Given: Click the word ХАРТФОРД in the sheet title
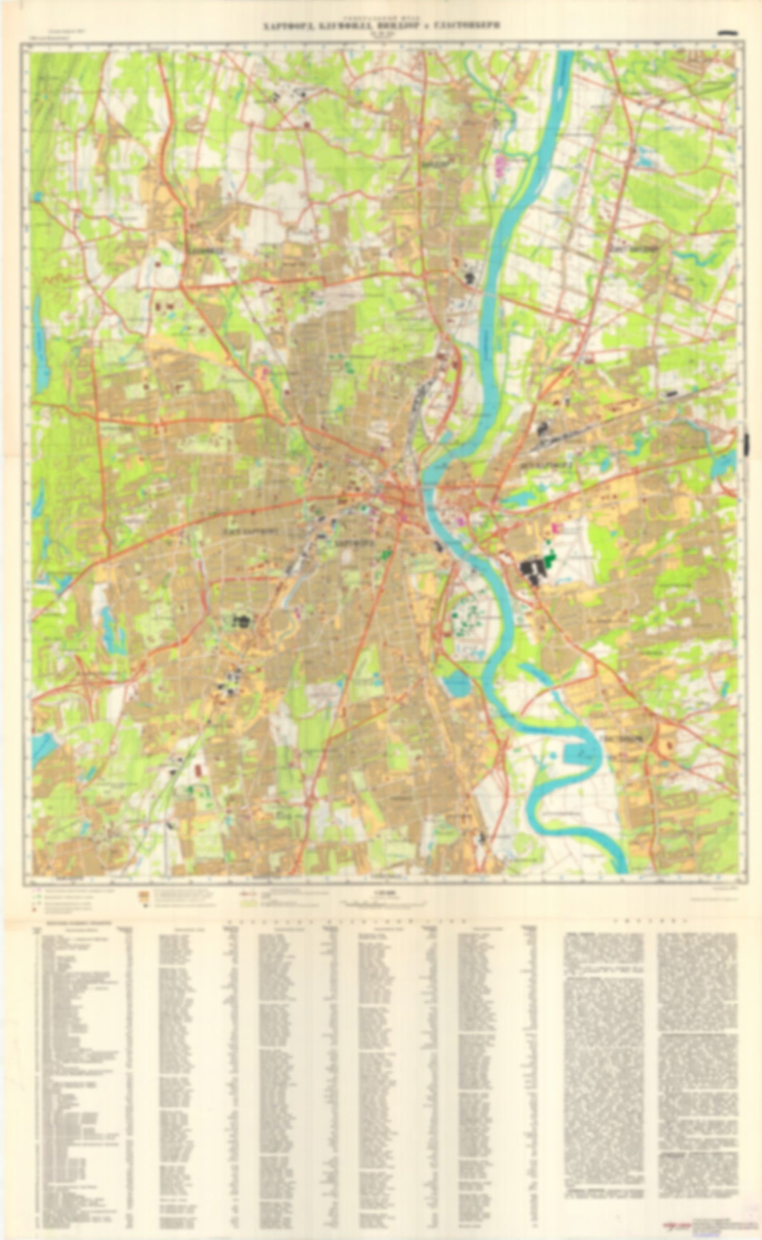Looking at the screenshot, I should [285, 25].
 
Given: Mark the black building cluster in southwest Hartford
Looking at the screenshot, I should [242, 620].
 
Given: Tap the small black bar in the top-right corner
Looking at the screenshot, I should [728, 33].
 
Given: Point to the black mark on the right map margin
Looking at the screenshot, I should [747, 445].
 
